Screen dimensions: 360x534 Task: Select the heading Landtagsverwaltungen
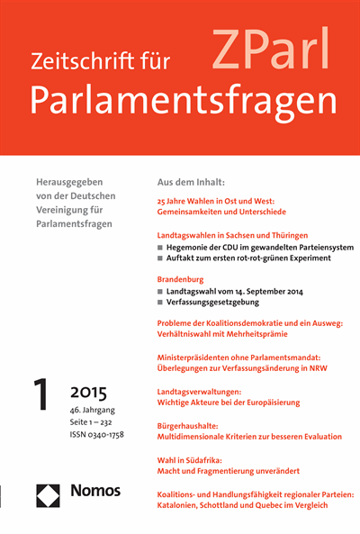click(207, 391)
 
